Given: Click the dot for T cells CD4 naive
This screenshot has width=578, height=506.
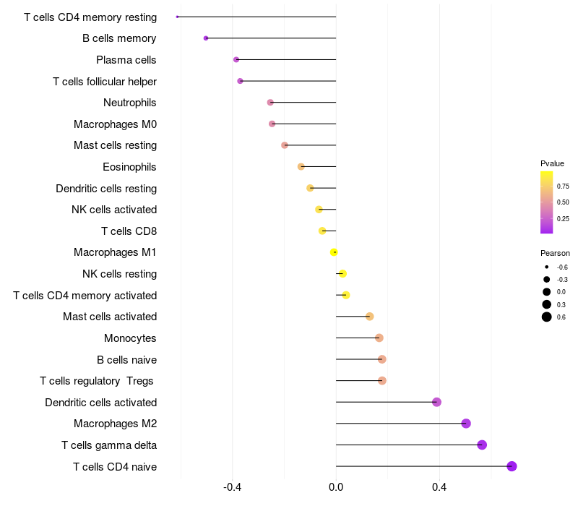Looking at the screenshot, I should (x=512, y=466).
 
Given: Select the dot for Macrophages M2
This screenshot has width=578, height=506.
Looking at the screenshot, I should (x=466, y=424).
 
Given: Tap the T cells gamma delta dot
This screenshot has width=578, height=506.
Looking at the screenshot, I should (x=482, y=445).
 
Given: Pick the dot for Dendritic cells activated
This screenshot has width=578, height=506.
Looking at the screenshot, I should (x=436, y=402).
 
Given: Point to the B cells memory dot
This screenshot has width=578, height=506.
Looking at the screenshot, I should (x=206, y=38).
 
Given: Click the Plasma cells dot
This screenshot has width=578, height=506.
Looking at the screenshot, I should (x=236, y=59).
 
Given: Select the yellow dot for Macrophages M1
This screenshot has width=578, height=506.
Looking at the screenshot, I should (x=334, y=252).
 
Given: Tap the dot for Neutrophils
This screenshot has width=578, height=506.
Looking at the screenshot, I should (x=270, y=103).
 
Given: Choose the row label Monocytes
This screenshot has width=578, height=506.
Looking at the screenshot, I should (x=130, y=338).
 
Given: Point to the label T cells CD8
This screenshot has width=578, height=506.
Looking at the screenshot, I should (x=129, y=231).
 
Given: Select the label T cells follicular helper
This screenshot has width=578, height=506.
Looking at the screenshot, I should (x=105, y=82).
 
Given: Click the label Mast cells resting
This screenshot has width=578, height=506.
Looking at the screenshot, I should (x=115, y=145).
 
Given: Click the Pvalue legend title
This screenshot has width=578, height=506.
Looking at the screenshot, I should (x=552, y=163).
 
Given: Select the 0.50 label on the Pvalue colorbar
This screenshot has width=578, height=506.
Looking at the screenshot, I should (x=563, y=202).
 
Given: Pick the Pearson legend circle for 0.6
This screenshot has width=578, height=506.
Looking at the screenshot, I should (x=547, y=317).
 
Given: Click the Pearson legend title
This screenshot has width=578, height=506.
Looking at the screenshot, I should (x=555, y=253).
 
